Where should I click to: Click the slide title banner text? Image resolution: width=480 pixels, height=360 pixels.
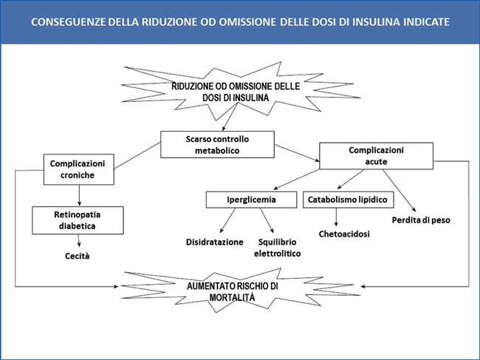pos(239,22)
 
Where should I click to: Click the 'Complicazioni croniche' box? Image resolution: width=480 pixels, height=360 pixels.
pos(78,169)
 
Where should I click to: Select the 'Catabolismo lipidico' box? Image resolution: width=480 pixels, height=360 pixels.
pos(346,200)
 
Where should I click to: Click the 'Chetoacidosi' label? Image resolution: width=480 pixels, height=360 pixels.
pos(344,234)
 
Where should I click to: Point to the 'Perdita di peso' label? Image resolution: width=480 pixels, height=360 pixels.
pos(420,220)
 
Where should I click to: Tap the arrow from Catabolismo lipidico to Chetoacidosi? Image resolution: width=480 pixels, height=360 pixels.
pos(337,217)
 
